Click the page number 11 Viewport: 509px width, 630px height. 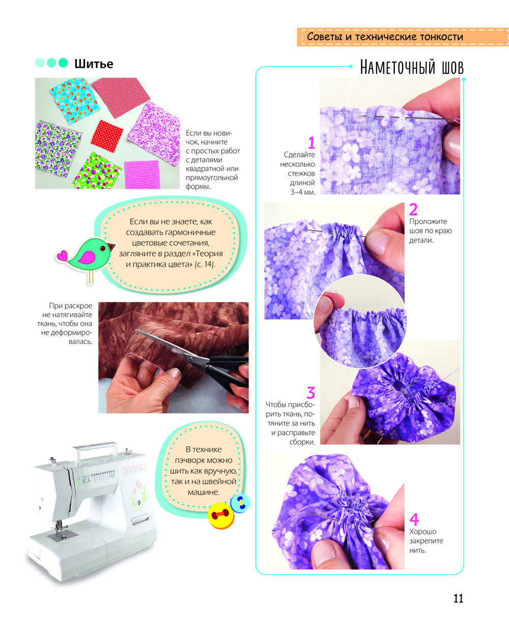pos(458,598)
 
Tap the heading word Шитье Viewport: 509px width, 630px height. pos(94,64)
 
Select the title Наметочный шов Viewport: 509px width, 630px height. pos(412,67)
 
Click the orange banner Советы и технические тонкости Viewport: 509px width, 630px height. pos(403,37)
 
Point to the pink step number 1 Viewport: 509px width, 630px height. pos(312,142)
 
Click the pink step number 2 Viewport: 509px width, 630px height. pos(413,210)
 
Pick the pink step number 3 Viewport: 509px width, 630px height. pos(310,392)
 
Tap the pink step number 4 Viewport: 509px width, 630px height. pos(414,520)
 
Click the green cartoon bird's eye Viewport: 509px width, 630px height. pos(102,248)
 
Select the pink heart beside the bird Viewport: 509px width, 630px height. pos(62,255)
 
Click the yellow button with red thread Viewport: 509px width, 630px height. pos(220,515)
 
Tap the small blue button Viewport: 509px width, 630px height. pos(240,503)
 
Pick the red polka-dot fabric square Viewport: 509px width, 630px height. pos(107,135)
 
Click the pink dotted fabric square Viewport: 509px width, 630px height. pos(142,175)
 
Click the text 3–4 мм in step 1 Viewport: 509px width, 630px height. pos(302,192)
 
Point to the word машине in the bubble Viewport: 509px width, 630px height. pos(204,493)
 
